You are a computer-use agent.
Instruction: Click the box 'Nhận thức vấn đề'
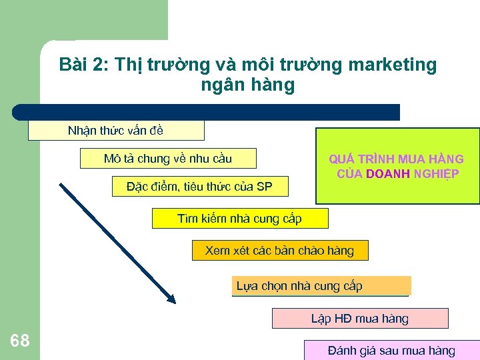coord(115,131)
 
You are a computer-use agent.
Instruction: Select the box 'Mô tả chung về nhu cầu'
coord(168,159)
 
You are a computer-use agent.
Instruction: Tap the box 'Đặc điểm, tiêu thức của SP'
coord(199,187)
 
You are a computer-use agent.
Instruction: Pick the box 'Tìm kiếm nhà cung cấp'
coord(240,218)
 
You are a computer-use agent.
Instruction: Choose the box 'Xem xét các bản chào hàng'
coord(279,251)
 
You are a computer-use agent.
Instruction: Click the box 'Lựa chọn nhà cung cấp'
coord(321,286)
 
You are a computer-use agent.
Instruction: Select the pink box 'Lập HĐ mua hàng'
coord(360,318)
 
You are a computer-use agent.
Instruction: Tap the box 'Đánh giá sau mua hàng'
coord(392,351)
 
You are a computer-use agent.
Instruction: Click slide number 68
coord(20,341)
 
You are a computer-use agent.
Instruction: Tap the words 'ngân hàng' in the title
coord(247,86)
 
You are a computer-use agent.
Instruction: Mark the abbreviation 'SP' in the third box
coord(264,187)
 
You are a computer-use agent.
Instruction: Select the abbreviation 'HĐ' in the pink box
coord(342,318)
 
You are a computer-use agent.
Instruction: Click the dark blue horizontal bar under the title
coord(207,112)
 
